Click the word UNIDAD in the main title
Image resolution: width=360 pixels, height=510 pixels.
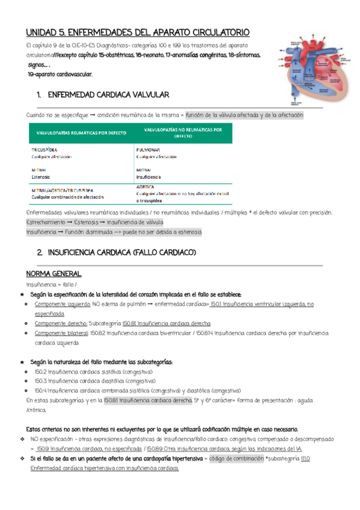42,32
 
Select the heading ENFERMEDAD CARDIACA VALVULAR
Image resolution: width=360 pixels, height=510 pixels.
108,95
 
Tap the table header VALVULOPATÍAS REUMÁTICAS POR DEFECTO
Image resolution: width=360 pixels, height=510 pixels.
81,132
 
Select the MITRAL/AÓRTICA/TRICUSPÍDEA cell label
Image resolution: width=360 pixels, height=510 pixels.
63,189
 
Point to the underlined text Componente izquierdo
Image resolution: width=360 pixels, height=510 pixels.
62,304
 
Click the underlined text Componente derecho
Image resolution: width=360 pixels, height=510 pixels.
61,323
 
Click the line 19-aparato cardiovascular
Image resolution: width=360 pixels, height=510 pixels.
60,74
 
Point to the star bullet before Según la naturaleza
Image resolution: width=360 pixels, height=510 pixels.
22,363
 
